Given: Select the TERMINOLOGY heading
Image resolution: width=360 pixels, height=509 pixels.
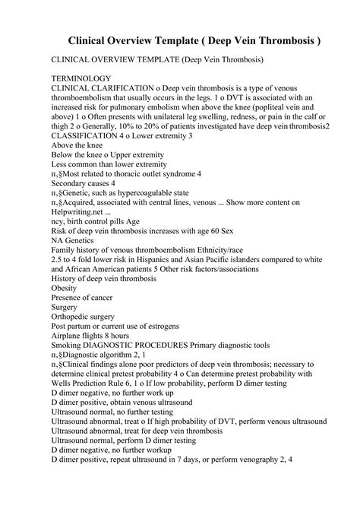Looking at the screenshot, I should point(81,77).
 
